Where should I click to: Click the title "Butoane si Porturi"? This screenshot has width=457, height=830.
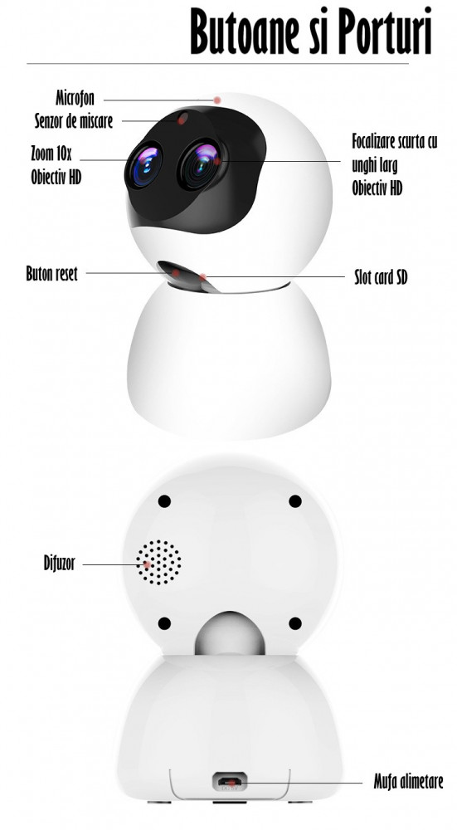[311, 31]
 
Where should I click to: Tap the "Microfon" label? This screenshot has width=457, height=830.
[75, 98]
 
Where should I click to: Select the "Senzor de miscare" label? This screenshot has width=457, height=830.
[74, 120]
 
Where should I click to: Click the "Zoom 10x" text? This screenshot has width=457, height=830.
[51, 154]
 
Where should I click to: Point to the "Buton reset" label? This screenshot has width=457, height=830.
[51, 274]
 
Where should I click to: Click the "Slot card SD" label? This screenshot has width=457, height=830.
[381, 277]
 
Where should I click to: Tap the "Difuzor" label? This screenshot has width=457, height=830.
[59, 563]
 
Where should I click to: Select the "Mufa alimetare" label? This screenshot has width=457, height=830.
[408, 782]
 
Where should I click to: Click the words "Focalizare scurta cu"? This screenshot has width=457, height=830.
[395, 141]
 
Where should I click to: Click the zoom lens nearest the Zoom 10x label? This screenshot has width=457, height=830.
[143, 165]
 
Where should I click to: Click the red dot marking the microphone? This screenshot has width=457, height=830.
[216, 100]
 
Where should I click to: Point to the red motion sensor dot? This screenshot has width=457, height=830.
[182, 119]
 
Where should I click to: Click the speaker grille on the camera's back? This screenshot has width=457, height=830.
[158, 563]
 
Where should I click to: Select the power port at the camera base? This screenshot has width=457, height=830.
[230, 780]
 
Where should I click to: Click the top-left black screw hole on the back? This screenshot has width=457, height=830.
[164, 500]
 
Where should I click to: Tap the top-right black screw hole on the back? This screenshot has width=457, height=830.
[295, 500]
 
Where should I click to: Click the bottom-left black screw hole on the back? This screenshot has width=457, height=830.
[164, 623]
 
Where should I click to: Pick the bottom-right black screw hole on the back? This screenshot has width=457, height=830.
[295, 623]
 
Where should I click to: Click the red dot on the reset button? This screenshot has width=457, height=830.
[176, 272]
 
